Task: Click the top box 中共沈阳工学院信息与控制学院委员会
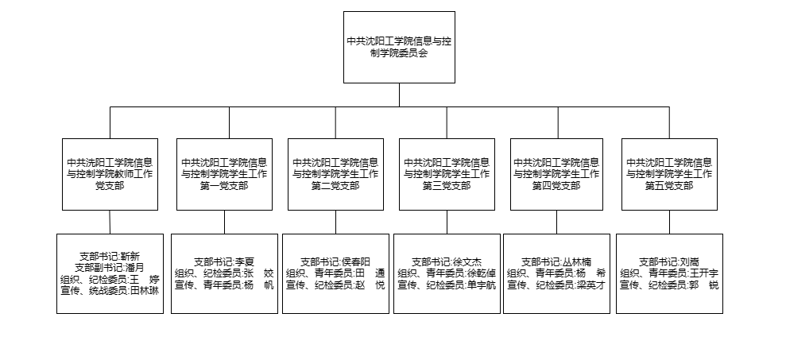coord(399,47)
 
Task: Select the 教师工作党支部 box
coord(110,175)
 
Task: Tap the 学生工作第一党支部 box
coord(225,175)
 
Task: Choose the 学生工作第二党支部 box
coord(336,175)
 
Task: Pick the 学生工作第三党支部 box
coord(447,175)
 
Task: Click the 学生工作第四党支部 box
coord(556,175)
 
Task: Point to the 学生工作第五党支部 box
coord(669,175)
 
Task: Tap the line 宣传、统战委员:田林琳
coord(110,291)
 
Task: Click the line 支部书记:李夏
coord(224,261)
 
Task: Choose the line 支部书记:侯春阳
coord(335,261)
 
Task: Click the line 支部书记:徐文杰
coord(447,261)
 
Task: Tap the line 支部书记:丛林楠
coord(556,261)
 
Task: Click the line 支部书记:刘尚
coord(669,261)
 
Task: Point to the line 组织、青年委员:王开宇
coord(669,273)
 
